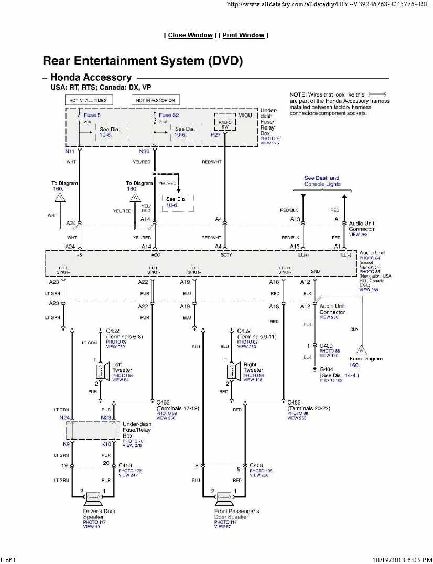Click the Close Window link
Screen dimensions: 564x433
190,35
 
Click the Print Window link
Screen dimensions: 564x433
243,35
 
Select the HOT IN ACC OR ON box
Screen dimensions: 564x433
155,100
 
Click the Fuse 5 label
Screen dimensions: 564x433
92,114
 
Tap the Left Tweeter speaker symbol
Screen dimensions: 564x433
101,371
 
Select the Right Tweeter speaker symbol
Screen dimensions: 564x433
232,371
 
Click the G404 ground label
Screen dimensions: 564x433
327,370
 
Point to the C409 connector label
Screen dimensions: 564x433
327,346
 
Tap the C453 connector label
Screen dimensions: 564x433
125,465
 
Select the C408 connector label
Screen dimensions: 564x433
256,465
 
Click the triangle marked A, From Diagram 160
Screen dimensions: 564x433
360,348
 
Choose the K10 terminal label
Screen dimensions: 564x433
106,444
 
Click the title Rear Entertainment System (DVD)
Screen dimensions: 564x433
143,61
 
